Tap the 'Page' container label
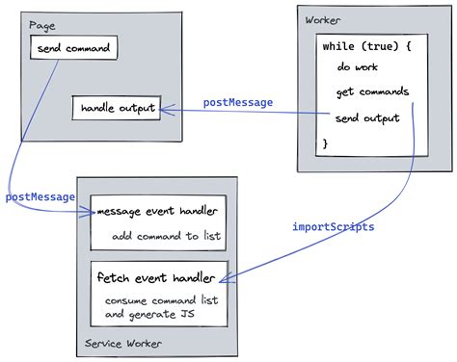[41, 24]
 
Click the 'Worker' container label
[323, 20]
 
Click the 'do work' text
[359, 69]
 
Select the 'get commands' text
[372, 92]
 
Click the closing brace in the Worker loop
[326, 142]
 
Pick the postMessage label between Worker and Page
[238, 102]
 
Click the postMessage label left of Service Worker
[40, 196]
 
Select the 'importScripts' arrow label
[334, 227]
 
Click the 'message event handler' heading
[157, 211]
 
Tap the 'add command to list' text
[152, 235]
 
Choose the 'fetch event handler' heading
[154, 277]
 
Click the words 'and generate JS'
[145, 314]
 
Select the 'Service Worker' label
[122, 343]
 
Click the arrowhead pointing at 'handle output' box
[165, 110]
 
